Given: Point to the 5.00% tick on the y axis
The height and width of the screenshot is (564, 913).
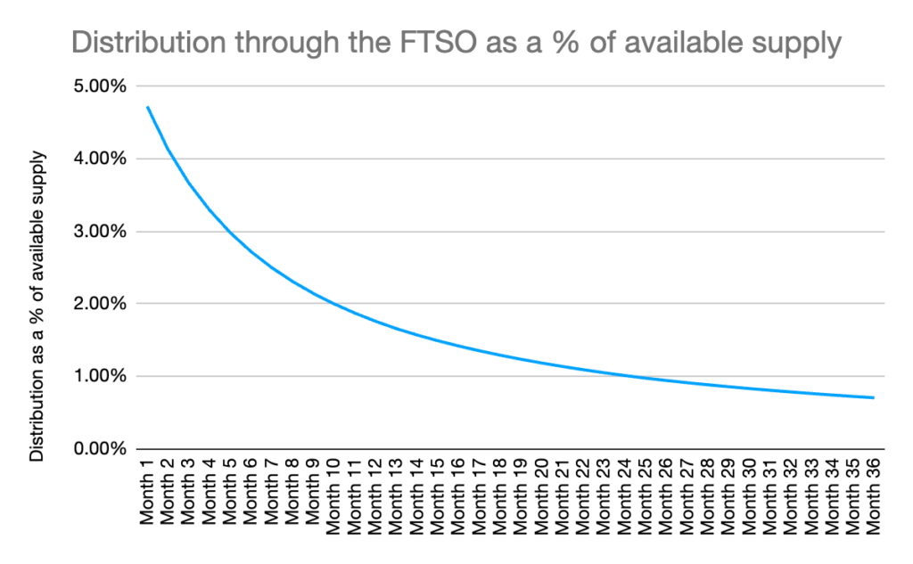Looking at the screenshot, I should tap(101, 86).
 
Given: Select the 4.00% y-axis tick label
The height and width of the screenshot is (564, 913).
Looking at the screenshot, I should tap(101, 159).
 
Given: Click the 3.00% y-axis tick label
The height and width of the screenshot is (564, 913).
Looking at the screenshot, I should tap(101, 231).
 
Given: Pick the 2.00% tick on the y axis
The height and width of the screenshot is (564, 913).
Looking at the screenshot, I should tap(101, 303).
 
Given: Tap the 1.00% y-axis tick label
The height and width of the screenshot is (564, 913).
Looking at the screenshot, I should tap(101, 375).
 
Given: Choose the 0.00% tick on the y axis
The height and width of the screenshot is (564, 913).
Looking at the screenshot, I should tap(101, 447).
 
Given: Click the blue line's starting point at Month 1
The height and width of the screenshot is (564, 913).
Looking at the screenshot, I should tap(148, 108).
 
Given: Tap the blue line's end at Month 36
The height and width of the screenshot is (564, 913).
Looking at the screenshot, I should tap(873, 397).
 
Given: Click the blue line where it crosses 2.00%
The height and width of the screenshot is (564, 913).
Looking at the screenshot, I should tap(333, 303).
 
